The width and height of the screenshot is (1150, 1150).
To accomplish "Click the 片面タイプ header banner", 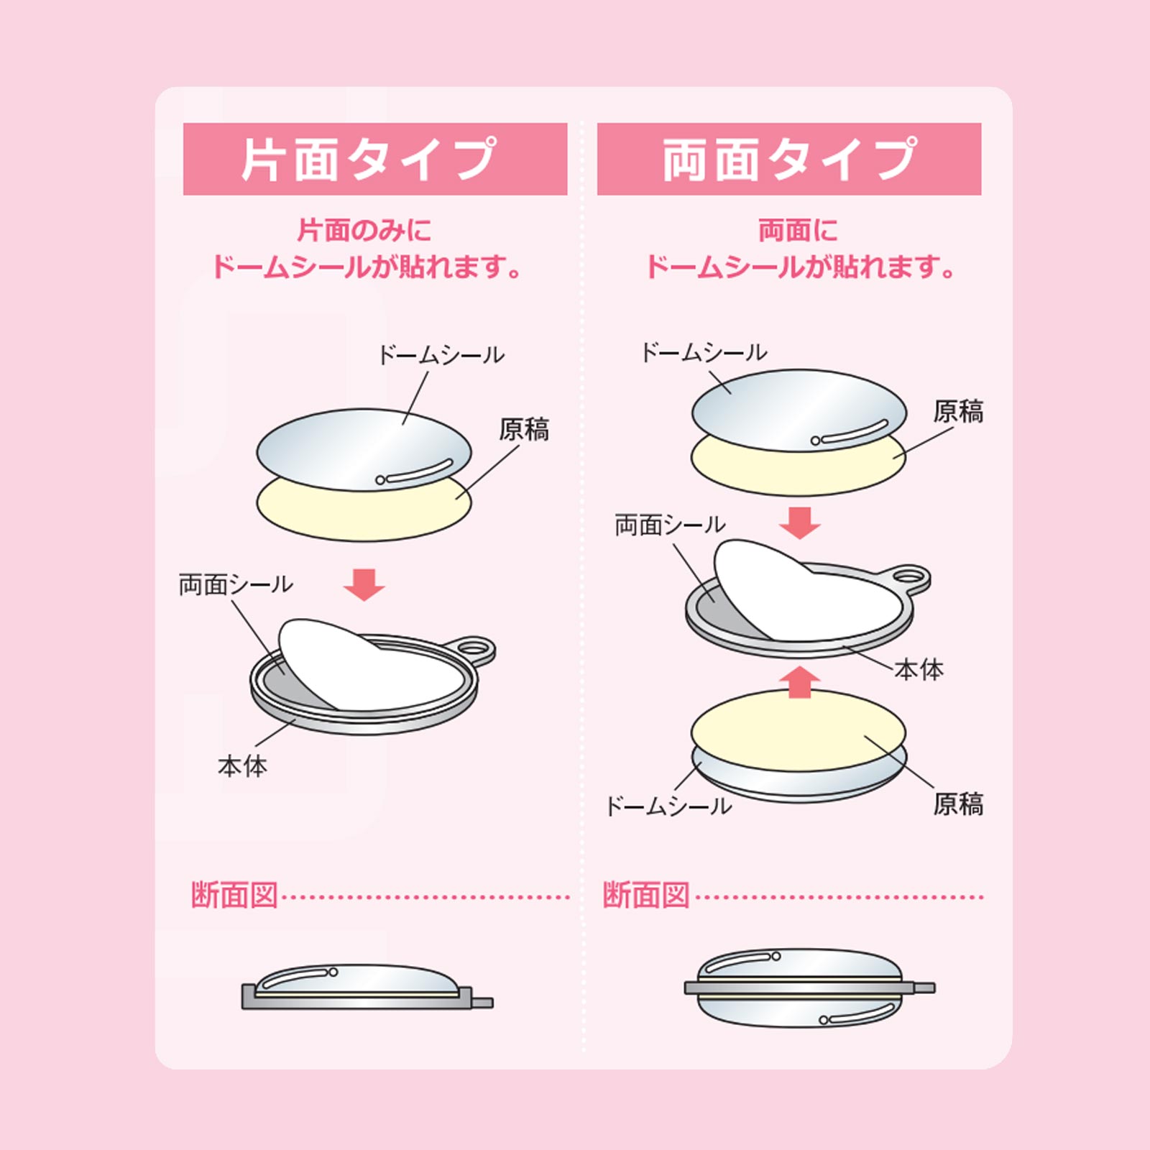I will [x=374, y=159].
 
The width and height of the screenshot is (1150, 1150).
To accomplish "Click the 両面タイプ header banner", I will [x=788, y=159].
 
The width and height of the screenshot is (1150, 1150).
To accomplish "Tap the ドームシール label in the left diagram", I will [x=441, y=355].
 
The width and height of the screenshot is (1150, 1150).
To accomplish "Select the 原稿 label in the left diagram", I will [x=524, y=430].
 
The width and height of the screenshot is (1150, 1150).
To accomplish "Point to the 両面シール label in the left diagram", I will [x=236, y=584].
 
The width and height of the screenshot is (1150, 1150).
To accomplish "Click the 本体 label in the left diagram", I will [x=242, y=766].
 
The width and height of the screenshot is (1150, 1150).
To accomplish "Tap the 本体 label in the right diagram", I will [x=919, y=670].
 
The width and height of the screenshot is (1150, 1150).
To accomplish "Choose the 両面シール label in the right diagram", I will [x=670, y=525].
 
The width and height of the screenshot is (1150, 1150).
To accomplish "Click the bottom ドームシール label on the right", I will [x=668, y=806].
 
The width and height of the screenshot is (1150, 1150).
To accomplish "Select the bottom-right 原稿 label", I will [x=958, y=804].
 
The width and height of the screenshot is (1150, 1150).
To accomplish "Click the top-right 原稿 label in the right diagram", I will [x=958, y=412].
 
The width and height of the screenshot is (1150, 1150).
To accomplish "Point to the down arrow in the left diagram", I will [x=364, y=584].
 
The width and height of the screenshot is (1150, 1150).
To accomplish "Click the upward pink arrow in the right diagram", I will [x=800, y=681].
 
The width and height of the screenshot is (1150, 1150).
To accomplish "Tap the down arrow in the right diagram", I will [x=800, y=523].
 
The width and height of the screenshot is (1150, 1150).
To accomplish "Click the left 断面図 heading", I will [x=234, y=896].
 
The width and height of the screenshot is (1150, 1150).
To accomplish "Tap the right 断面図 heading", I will [x=646, y=896].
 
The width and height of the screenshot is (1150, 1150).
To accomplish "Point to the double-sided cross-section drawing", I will [x=808, y=988].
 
